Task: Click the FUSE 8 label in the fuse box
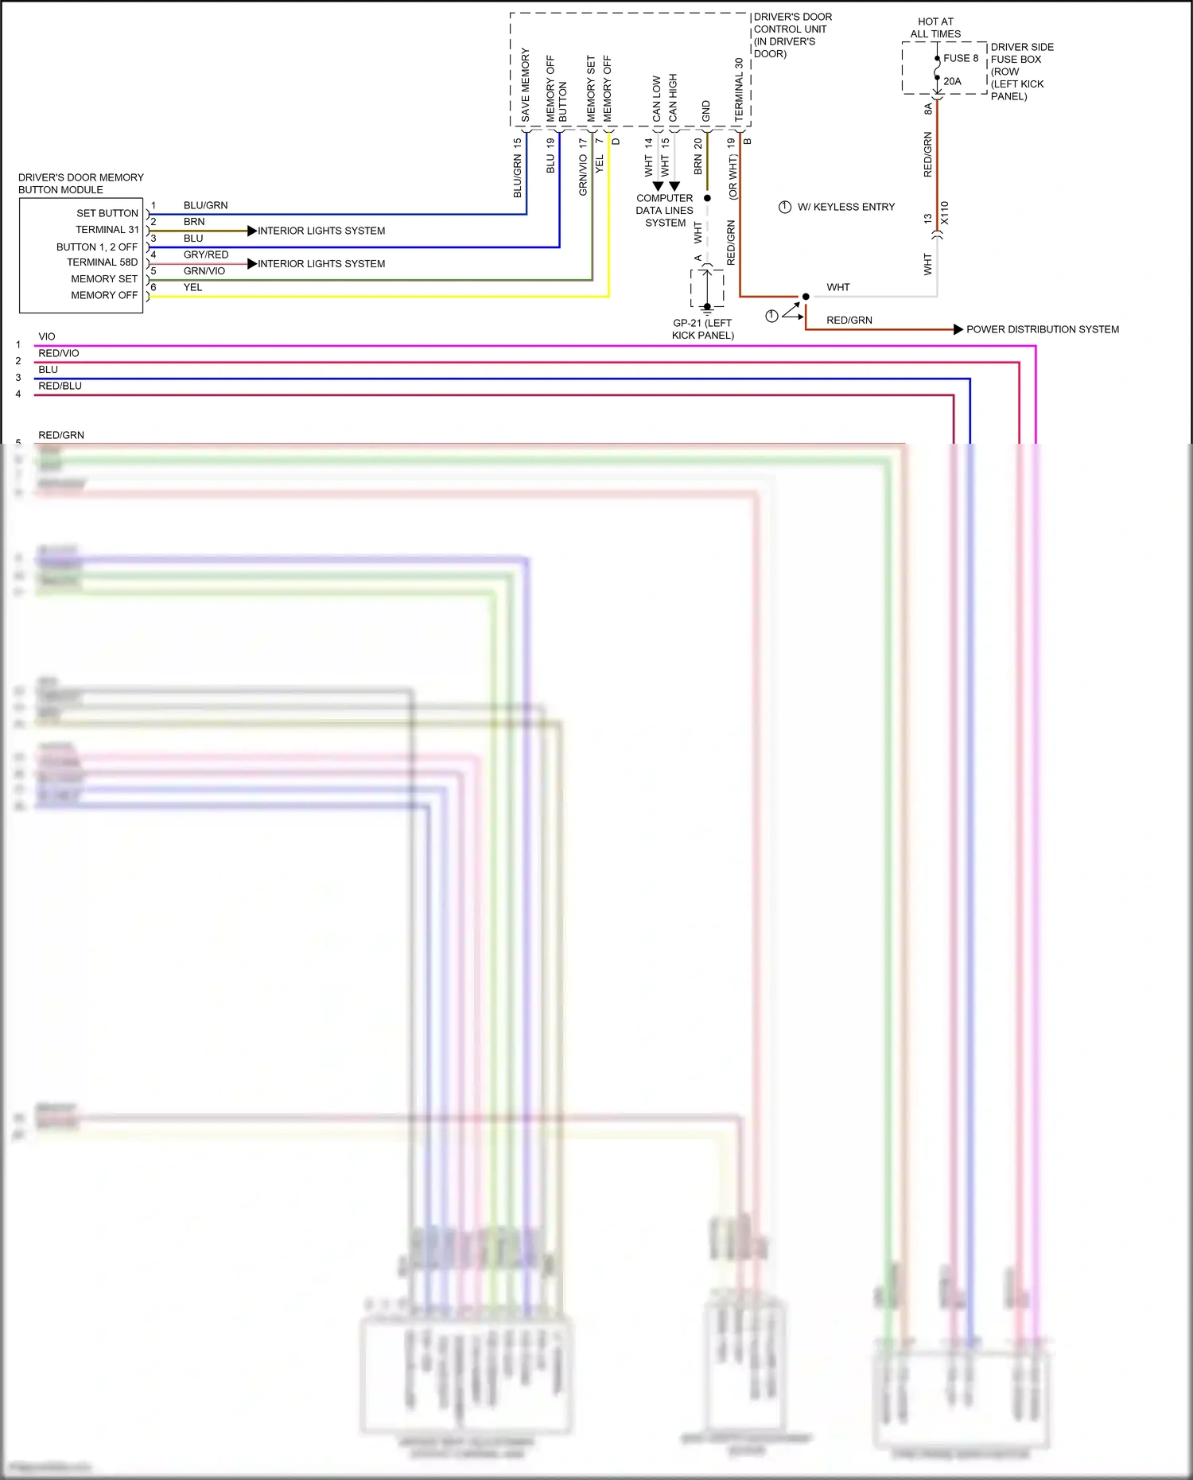(x=960, y=58)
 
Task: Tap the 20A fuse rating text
(x=952, y=81)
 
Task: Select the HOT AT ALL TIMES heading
(x=935, y=28)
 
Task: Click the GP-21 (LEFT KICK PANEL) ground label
(x=702, y=329)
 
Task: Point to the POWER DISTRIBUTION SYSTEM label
(x=1042, y=329)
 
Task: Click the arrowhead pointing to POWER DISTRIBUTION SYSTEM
(x=958, y=329)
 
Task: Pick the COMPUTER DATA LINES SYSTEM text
(x=665, y=211)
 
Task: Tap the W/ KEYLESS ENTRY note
(x=845, y=207)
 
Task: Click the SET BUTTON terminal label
(x=107, y=213)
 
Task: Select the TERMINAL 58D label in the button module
(x=103, y=262)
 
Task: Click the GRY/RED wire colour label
(x=206, y=254)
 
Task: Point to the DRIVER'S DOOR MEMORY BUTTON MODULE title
(x=80, y=184)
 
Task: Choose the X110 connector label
(x=945, y=213)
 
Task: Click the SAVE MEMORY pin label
(x=525, y=85)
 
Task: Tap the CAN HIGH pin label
(x=673, y=98)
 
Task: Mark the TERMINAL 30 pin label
(x=739, y=89)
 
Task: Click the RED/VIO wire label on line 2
(x=59, y=353)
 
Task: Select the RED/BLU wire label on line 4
(x=60, y=386)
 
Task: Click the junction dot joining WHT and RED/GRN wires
(x=806, y=297)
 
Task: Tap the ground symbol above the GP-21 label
(x=707, y=309)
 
